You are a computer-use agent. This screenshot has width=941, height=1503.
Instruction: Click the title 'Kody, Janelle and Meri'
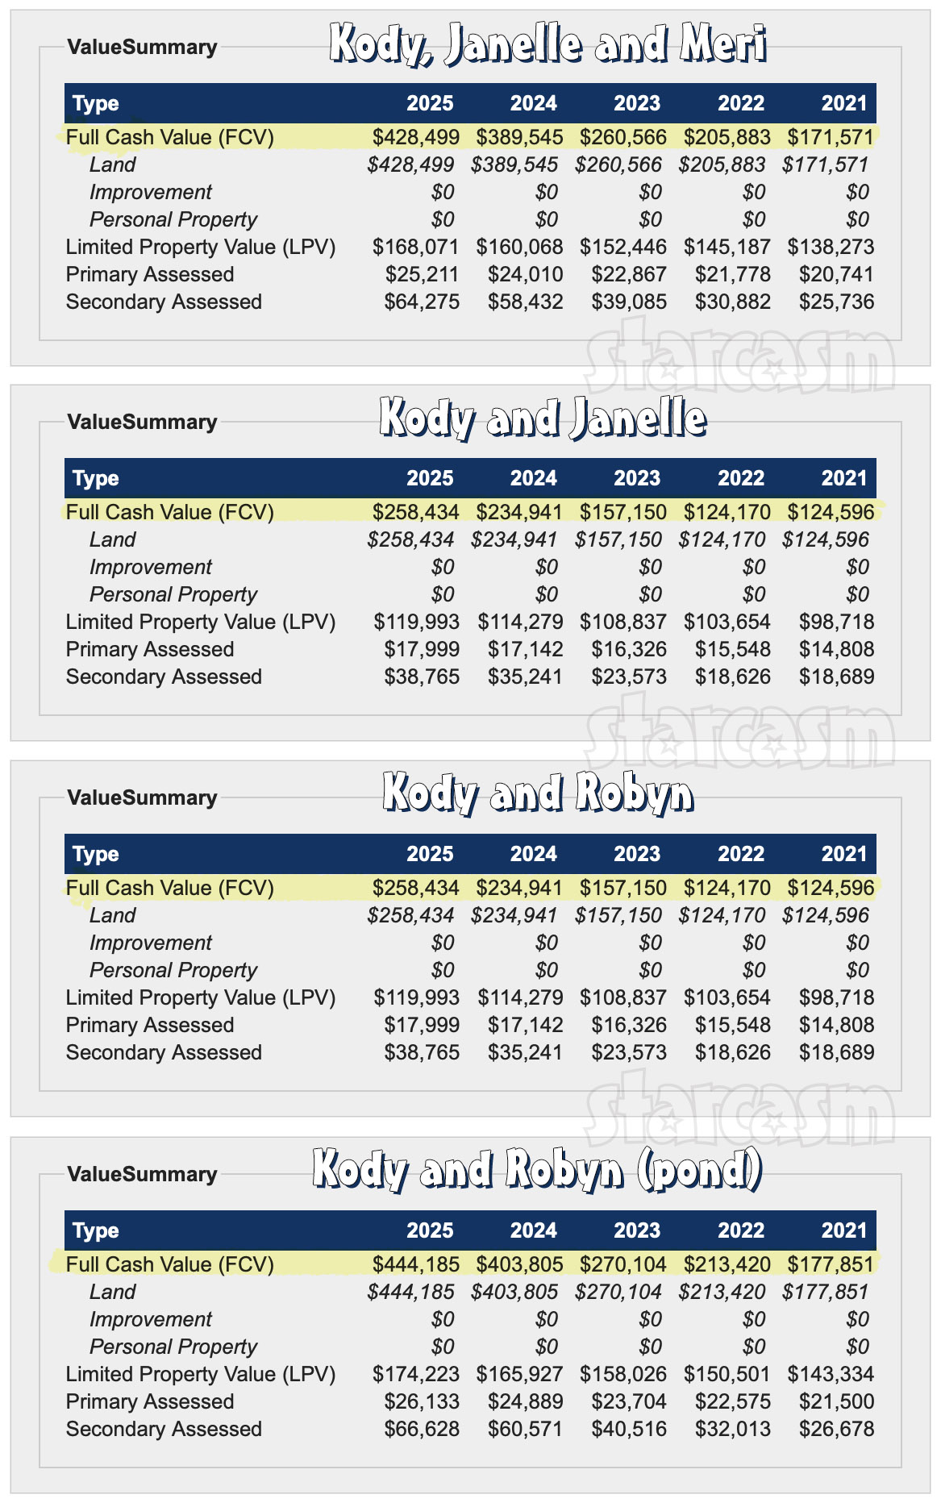[548, 44]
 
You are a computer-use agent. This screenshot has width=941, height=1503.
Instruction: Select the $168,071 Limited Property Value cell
[415, 247]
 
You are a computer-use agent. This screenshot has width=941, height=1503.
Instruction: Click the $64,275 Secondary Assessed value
[422, 302]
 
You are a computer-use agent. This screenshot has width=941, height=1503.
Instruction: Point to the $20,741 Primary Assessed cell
[836, 274]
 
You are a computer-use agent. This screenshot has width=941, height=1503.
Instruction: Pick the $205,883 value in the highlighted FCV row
[727, 137]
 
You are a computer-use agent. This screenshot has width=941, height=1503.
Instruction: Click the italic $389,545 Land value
[514, 164]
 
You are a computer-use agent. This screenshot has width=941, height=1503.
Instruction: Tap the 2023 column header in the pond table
[636, 1230]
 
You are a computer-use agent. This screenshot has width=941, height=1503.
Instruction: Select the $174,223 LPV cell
[415, 1374]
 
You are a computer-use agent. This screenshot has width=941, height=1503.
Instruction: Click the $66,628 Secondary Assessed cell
[422, 1429]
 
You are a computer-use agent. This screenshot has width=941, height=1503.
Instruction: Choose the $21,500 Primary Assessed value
[836, 1401]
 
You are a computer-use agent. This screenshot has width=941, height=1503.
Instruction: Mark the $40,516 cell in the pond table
[629, 1429]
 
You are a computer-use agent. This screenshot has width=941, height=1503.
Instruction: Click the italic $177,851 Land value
[825, 1292]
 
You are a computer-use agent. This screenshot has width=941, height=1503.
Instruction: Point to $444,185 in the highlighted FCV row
[415, 1264]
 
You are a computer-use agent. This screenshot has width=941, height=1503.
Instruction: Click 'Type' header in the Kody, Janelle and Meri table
[96, 103]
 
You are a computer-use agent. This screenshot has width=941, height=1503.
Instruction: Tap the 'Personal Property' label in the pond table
[173, 1347]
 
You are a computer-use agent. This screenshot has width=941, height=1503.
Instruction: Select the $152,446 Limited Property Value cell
[622, 247]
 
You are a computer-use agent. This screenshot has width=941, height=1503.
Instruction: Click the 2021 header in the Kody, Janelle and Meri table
[843, 103]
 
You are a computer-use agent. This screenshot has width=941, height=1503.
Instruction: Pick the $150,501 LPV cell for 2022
[727, 1374]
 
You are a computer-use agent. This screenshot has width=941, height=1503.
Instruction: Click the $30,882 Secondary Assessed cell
[732, 302]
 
